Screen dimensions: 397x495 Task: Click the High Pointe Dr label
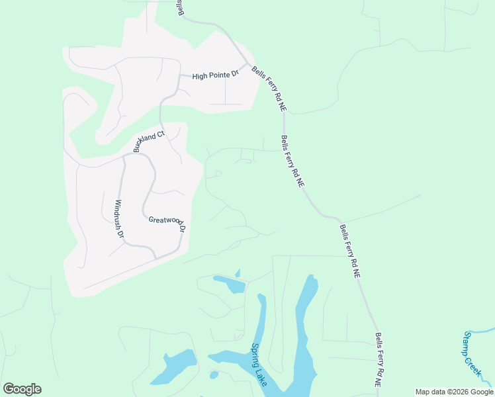pos(215,76)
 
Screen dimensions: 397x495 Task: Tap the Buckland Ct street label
pos(148,142)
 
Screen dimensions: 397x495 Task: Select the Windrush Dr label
pos(120,219)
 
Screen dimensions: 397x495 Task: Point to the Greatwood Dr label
pos(167,224)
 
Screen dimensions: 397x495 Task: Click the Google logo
pos(22,389)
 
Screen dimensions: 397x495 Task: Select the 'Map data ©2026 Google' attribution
pos(454,392)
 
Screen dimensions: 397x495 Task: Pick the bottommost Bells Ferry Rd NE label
pos(379,360)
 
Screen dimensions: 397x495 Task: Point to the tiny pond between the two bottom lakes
pos(214,375)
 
